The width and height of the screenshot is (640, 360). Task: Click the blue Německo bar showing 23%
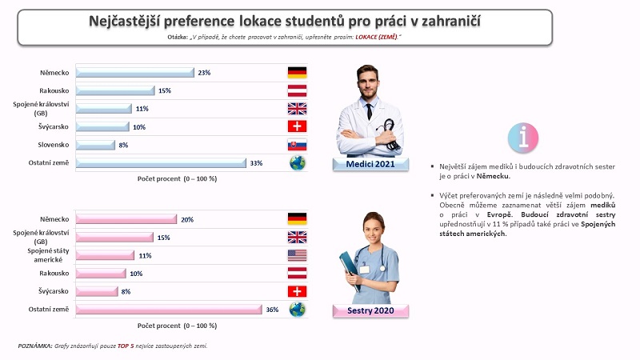click(135, 73)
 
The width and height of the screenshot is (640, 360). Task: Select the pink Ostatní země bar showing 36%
click(169, 310)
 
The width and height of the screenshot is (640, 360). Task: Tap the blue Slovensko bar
click(95, 145)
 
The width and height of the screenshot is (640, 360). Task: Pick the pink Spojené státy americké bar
click(105, 255)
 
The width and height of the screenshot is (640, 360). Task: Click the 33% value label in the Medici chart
click(256, 163)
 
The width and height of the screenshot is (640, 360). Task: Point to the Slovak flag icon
click(297, 145)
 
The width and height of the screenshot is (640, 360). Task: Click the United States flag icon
click(297, 255)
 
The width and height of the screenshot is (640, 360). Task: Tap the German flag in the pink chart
click(297, 219)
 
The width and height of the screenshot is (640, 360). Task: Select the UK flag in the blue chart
click(297, 109)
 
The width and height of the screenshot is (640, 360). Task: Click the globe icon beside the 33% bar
click(298, 163)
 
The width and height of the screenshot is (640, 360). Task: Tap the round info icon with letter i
click(523, 138)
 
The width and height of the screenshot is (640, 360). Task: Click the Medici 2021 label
click(370, 164)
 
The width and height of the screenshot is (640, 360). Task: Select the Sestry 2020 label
click(370, 310)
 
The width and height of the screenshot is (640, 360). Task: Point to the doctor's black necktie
click(369, 111)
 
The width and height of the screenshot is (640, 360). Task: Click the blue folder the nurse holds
click(348, 266)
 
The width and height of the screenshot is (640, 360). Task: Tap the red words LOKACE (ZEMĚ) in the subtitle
click(376, 37)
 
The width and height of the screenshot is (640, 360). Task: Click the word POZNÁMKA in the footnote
click(35, 346)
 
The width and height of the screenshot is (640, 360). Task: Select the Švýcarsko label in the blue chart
click(54, 126)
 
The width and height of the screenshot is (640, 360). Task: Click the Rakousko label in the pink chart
click(54, 273)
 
